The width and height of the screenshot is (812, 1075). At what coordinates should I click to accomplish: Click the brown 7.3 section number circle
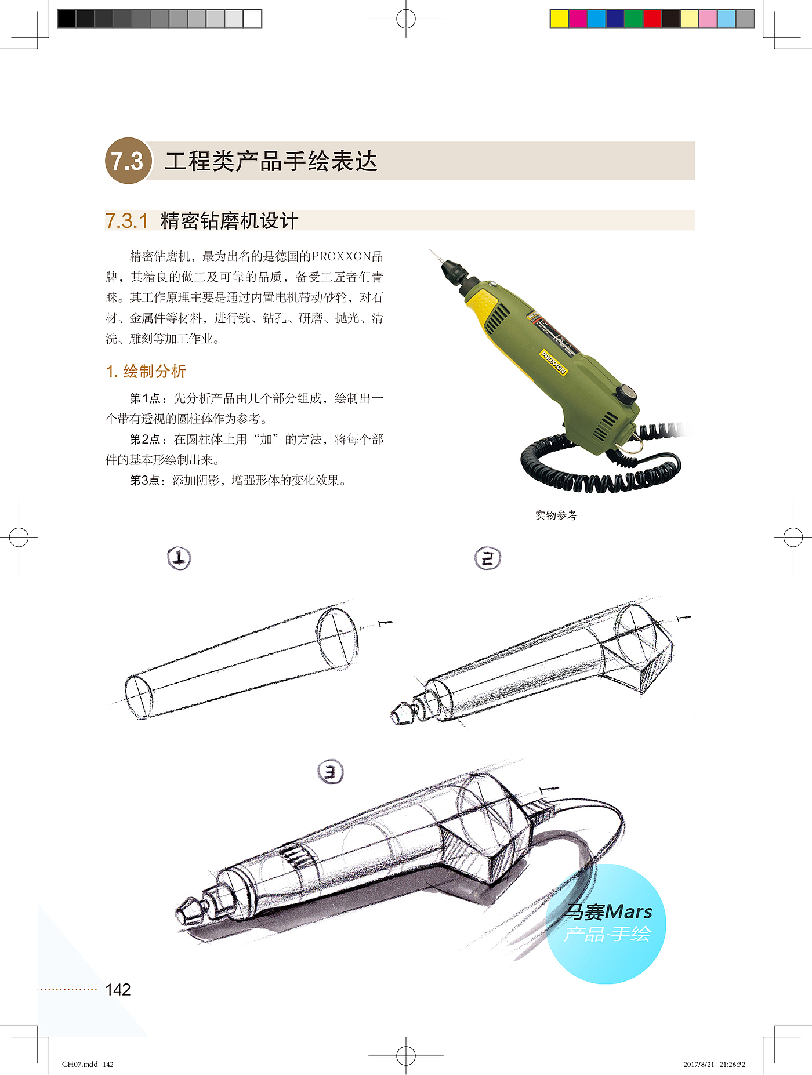click(x=128, y=161)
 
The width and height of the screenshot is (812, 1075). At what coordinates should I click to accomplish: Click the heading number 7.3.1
click(x=127, y=221)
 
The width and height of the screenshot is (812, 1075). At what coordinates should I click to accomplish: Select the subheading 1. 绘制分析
click(x=146, y=371)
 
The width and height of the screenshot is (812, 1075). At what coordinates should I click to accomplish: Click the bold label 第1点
click(x=145, y=398)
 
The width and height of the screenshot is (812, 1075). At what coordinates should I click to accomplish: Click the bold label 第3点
click(x=145, y=480)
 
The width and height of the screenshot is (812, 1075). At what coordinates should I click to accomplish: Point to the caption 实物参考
click(x=556, y=515)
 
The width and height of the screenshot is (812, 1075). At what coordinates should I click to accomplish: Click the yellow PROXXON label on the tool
click(x=553, y=362)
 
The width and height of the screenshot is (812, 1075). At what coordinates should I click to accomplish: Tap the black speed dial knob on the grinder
click(x=626, y=394)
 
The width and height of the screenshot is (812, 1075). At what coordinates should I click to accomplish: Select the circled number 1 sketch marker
click(x=179, y=558)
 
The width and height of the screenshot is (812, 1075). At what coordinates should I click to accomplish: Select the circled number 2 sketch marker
click(x=487, y=558)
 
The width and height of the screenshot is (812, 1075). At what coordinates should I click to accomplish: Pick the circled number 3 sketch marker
click(x=331, y=772)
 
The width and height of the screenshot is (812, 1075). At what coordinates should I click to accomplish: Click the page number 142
click(x=118, y=989)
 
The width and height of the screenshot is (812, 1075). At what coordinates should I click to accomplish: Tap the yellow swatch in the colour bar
click(x=559, y=19)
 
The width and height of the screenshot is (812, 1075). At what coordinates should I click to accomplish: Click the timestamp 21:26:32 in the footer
click(x=732, y=1064)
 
